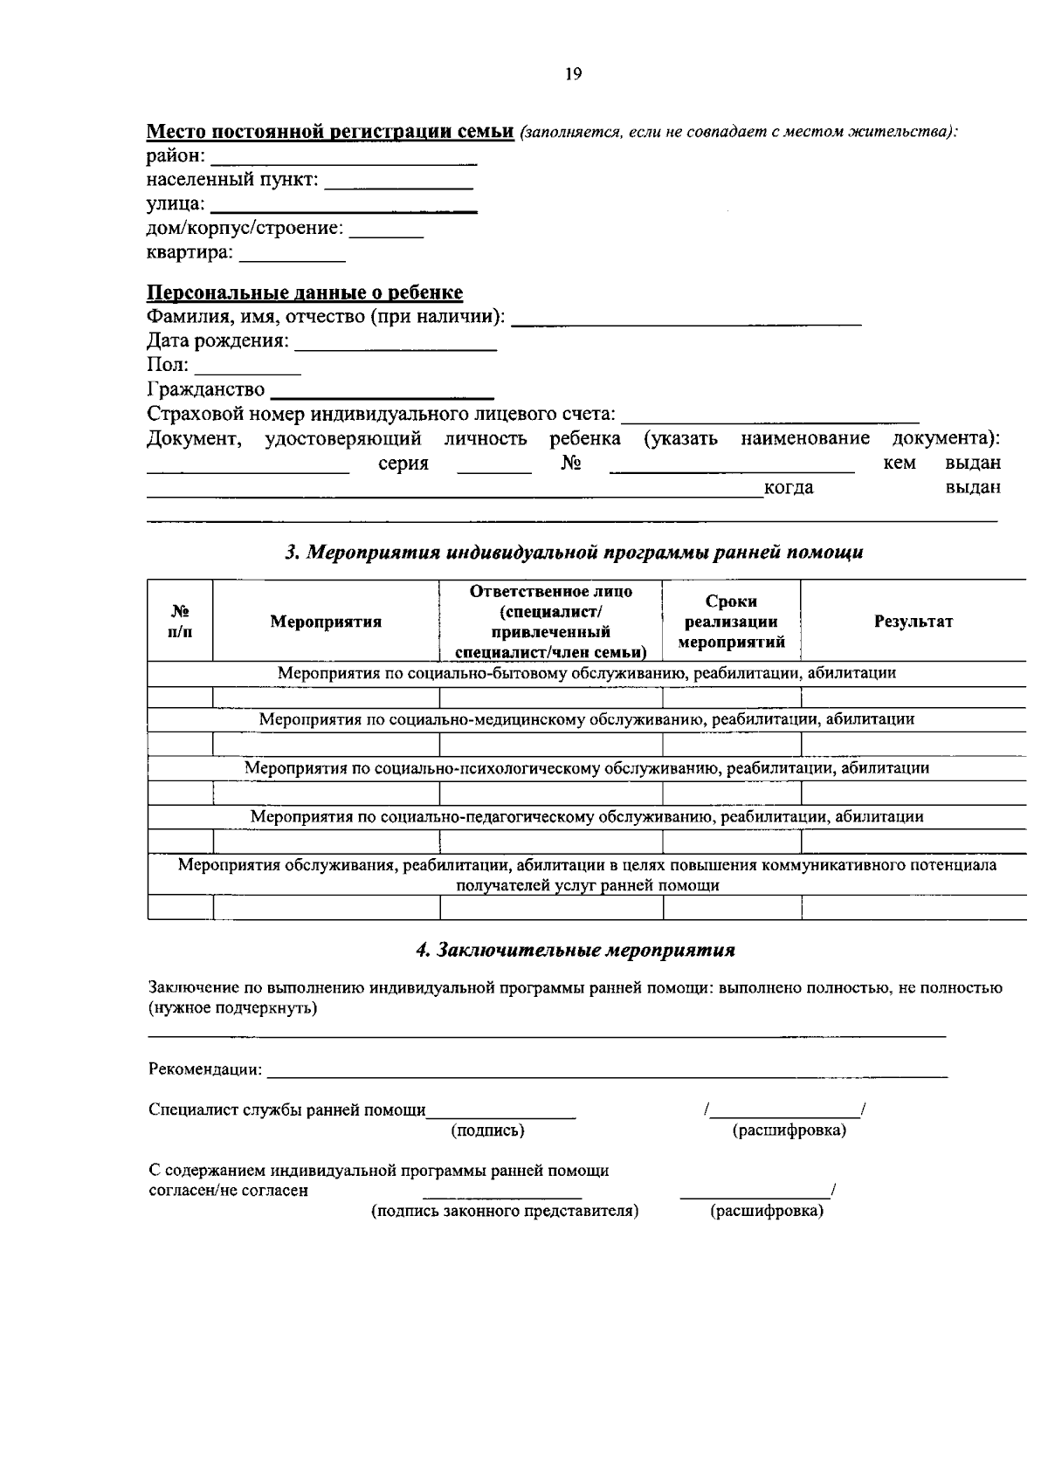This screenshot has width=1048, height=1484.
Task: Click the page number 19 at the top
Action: tap(573, 74)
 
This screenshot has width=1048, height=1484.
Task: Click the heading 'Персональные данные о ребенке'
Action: tap(304, 292)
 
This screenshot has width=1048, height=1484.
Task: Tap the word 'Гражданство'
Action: tap(206, 389)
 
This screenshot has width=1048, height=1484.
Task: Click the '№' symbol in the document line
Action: tap(570, 463)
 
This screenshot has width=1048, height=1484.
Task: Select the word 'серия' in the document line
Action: tap(403, 464)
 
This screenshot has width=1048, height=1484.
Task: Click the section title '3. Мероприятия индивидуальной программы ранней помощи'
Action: tap(575, 552)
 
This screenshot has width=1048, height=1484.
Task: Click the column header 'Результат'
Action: tap(913, 622)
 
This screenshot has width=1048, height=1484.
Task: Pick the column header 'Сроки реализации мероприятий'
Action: tap(732, 622)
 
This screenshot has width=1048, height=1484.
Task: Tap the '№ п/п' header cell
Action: tap(180, 621)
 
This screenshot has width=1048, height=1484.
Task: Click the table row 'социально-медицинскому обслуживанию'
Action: tap(586, 719)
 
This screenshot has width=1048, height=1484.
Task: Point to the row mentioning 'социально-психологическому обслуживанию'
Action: tap(586, 768)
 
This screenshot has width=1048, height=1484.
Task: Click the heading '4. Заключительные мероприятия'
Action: tap(576, 950)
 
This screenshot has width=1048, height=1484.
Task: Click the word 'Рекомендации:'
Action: tap(205, 1069)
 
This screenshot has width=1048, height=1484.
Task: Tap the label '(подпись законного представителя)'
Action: tap(505, 1212)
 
